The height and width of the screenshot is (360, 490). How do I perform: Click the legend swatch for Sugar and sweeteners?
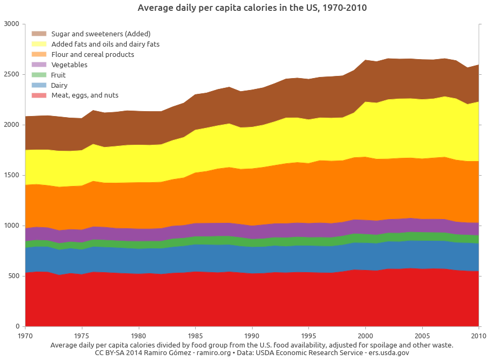pos(39,34)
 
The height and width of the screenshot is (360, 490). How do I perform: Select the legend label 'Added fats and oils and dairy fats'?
pos(105,44)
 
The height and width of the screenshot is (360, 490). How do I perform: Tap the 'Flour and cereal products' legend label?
pos(93,54)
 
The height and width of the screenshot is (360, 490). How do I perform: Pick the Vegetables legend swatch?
pos(39,65)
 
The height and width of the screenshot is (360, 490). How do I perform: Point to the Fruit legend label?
pos(59,75)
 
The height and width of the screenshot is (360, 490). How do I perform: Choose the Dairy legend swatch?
pos(39,85)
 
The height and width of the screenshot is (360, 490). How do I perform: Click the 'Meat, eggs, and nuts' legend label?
pos(85,95)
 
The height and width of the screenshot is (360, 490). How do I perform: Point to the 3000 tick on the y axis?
pos(11,24)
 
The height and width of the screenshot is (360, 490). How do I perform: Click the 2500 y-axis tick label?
pos(11,74)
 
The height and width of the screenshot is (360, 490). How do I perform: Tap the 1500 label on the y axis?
pos(11,175)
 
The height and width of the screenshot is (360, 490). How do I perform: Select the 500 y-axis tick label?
pos(14,276)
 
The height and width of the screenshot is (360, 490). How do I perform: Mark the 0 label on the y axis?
pos(17,326)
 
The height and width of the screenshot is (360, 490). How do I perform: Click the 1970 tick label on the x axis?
pos(25,336)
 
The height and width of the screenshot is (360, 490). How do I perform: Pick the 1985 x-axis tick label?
pos(196,336)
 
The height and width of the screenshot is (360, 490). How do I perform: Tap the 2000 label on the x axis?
pos(366,336)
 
